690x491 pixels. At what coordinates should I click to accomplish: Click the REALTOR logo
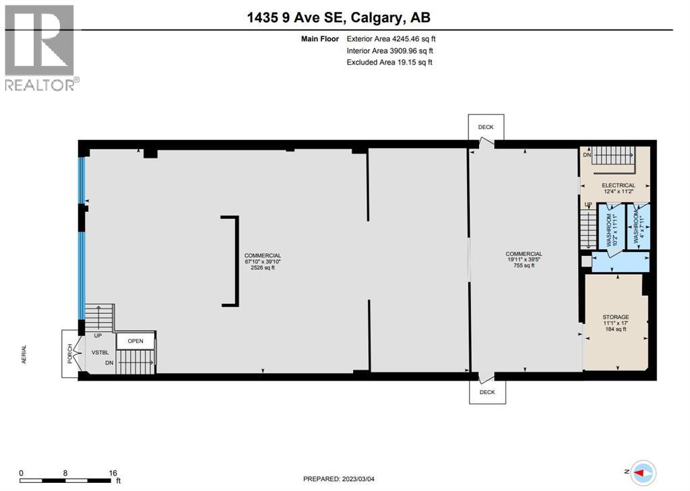(x=40, y=47)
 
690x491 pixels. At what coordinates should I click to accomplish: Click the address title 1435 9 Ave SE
(x=344, y=17)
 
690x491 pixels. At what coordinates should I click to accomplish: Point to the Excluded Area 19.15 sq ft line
(x=389, y=62)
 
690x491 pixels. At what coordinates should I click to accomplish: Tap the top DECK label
(x=486, y=127)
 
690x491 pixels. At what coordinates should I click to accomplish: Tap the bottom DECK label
(x=487, y=391)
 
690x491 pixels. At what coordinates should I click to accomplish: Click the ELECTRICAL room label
(x=618, y=185)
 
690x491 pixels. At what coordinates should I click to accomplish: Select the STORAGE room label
(x=615, y=317)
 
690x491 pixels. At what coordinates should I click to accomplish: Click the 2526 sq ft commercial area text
(x=262, y=267)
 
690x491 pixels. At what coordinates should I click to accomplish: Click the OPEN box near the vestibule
(x=136, y=341)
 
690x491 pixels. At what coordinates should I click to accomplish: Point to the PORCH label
(x=69, y=352)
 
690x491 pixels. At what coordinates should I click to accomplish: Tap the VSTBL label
(x=101, y=352)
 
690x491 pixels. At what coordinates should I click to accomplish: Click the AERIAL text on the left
(x=24, y=356)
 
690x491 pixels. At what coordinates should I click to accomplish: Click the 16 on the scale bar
(x=112, y=473)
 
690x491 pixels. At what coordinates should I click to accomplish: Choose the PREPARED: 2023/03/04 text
(x=344, y=479)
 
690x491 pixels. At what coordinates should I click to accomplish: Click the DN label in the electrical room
(x=586, y=156)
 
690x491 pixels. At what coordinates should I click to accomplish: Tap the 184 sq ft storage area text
(x=615, y=329)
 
